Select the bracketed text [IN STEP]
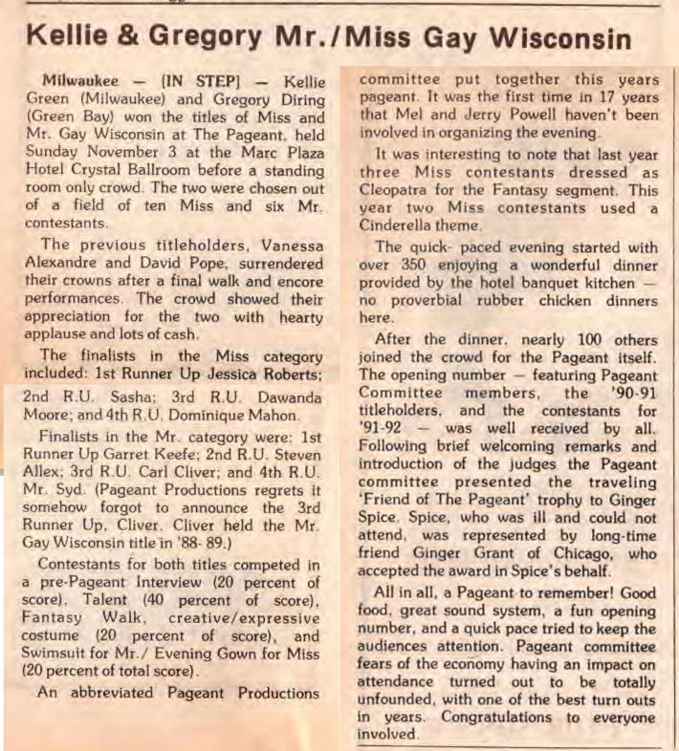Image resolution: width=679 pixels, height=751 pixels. tap(197, 78)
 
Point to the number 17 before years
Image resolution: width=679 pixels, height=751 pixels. tap(583, 97)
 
